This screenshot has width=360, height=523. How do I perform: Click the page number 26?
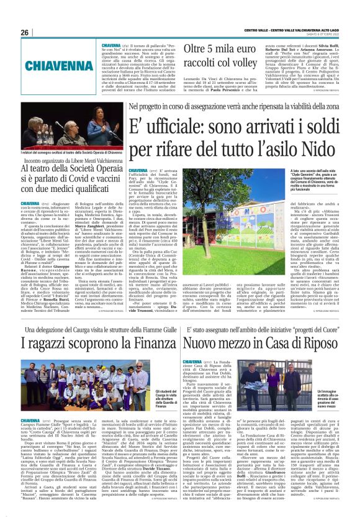coord(24,32)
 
